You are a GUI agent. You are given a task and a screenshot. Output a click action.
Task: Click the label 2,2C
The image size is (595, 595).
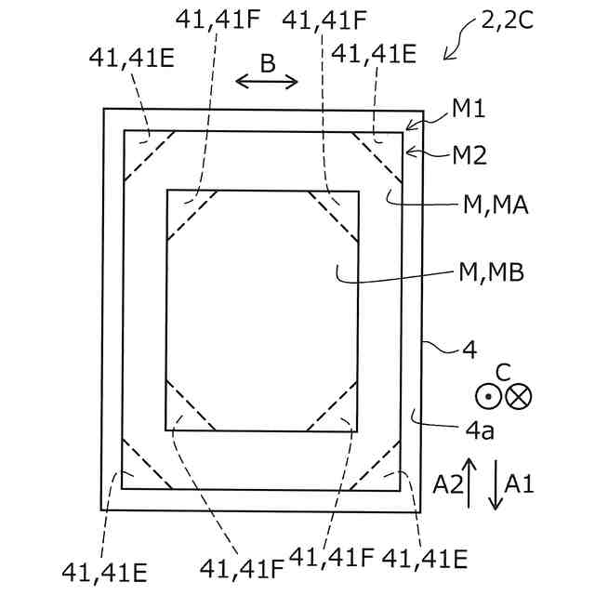[508, 20]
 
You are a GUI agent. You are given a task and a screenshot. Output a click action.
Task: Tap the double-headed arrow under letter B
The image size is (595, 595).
[267, 81]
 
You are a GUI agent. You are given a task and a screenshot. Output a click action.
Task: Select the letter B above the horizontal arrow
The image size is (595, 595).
[268, 63]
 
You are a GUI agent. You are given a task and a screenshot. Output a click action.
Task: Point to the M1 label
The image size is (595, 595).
[469, 109]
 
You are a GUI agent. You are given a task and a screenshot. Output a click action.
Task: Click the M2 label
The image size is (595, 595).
[469, 155]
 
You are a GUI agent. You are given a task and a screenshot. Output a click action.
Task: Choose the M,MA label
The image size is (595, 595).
[496, 205]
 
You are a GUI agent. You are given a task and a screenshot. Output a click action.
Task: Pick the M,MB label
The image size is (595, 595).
[492, 272]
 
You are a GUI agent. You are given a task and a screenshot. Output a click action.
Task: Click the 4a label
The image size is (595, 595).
[480, 430]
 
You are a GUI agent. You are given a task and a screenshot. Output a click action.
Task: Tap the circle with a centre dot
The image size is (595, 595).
[489, 397]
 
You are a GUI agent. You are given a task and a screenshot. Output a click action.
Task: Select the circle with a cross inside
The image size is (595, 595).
[519, 397]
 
